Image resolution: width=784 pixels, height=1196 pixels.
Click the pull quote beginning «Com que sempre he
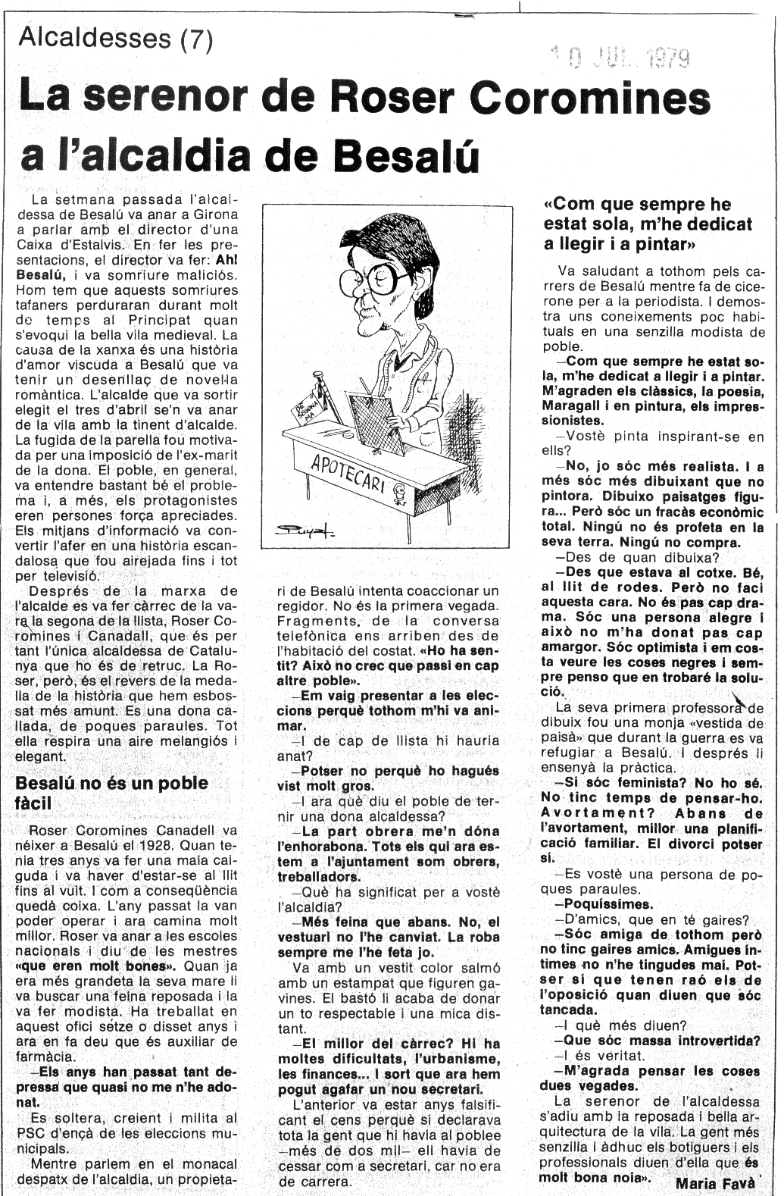coord(648,224)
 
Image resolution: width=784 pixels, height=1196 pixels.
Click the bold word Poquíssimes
coord(602,904)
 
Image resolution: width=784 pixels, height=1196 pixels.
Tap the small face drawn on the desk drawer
coord(400,496)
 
